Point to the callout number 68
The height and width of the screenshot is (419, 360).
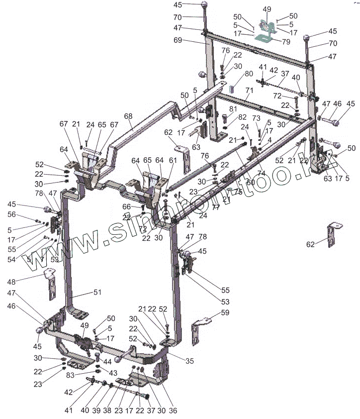128,116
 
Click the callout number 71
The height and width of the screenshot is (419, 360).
249,90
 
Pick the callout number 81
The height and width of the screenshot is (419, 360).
233,109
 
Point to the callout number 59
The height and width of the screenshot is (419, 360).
225,313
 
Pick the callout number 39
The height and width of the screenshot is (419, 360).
96,411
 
